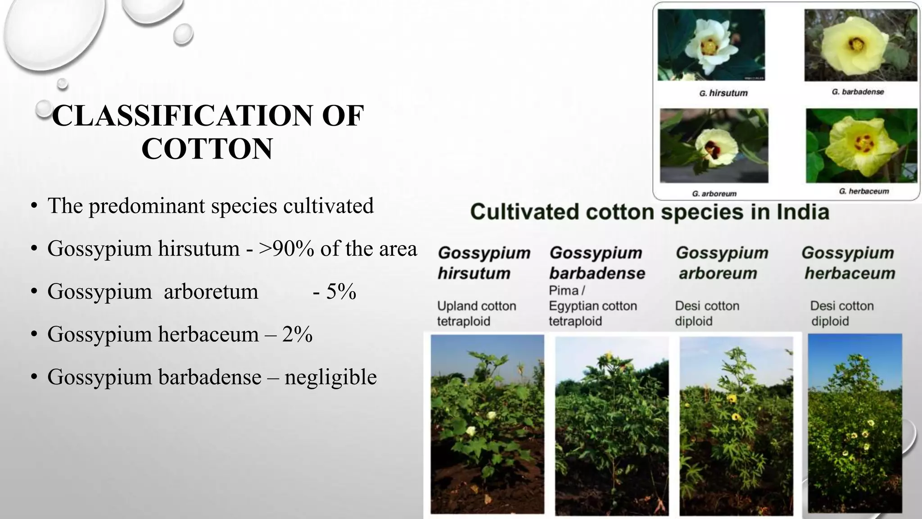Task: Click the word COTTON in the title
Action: pyautogui.click(x=207, y=149)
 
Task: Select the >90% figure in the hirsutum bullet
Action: pyautogui.click(x=286, y=249)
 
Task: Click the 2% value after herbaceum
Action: pyautogui.click(x=297, y=334)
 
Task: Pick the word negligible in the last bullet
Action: pyautogui.click(x=330, y=377)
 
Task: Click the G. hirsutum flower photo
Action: pyautogui.click(x=711, y=45)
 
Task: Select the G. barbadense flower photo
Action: pyautogui.click(x=860, y=45)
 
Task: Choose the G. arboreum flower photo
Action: pyautogui.click(x=714, y=146)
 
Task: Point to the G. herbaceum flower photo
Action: pyautogui.click(x=861, y=146)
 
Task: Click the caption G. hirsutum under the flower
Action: pyautogui.click(x=723, y=93)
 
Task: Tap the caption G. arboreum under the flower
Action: pyautogui.click(x=714, y=194)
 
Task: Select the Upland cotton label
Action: pyautogui.click(x=476, y=306)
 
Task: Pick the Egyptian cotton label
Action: pyautogui.click(x=592, y=306)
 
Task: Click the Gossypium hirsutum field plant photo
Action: pyautogui.click(x=487, y=423)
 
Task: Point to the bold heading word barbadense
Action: pyautogui.click(x=597, y=273)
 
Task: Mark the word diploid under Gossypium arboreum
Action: pyautogui.click(x=693, y=321)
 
